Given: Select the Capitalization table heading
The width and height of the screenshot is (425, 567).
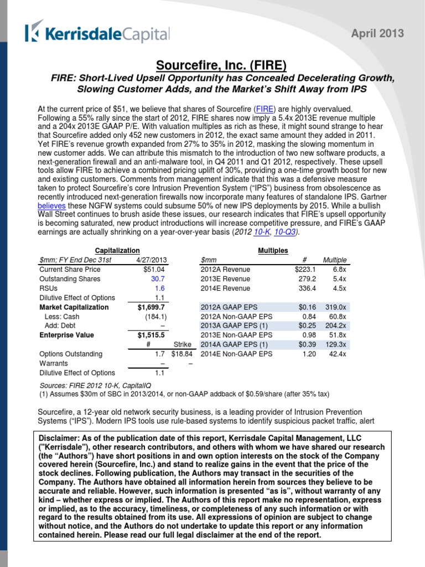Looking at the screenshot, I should (117, 251).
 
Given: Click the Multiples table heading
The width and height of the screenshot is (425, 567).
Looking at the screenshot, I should (273, 251).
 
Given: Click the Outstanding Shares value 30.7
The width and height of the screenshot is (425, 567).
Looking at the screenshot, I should (158, 279).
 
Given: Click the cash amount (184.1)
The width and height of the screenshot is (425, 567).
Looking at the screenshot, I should (153, 316).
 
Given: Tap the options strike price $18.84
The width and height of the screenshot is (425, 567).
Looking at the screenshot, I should (182, 354).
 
